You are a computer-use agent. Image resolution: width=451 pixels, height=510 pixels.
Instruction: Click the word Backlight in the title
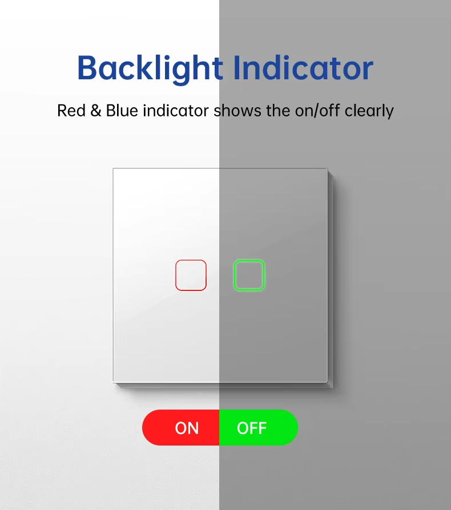(x=150, y=68)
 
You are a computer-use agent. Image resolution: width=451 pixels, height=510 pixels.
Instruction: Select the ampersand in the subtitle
(x=95, y=110)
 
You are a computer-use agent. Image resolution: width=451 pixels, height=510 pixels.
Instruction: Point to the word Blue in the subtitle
(x=122, y=110)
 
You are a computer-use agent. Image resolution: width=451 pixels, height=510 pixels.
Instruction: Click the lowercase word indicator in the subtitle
(x=175, y=110)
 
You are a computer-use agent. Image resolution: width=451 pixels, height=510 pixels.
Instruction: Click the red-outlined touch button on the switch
(x=191, y=275)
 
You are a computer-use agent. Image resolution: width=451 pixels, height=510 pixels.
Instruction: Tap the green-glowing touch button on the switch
(x=249, y=275)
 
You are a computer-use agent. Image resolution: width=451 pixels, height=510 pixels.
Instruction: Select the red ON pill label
(x=181, y=428)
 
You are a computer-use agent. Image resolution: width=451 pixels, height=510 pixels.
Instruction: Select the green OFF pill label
(x=258, y=428)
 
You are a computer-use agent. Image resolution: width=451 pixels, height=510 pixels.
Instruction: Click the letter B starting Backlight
(x=88, y=68)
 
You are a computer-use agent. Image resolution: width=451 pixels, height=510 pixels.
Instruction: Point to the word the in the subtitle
(x=278, y=110)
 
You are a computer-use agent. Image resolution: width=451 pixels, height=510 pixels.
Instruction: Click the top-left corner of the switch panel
(x=114, y=169)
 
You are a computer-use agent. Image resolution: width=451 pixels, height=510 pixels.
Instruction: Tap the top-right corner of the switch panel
(x=327, y=169)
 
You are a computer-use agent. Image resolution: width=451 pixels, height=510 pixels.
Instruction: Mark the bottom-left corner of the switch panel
(x=114, y=382)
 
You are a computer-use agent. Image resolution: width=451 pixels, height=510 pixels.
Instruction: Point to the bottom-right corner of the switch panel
(x=327, y=382)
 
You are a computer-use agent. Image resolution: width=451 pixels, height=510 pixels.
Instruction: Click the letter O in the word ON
(x=181, y=428)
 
